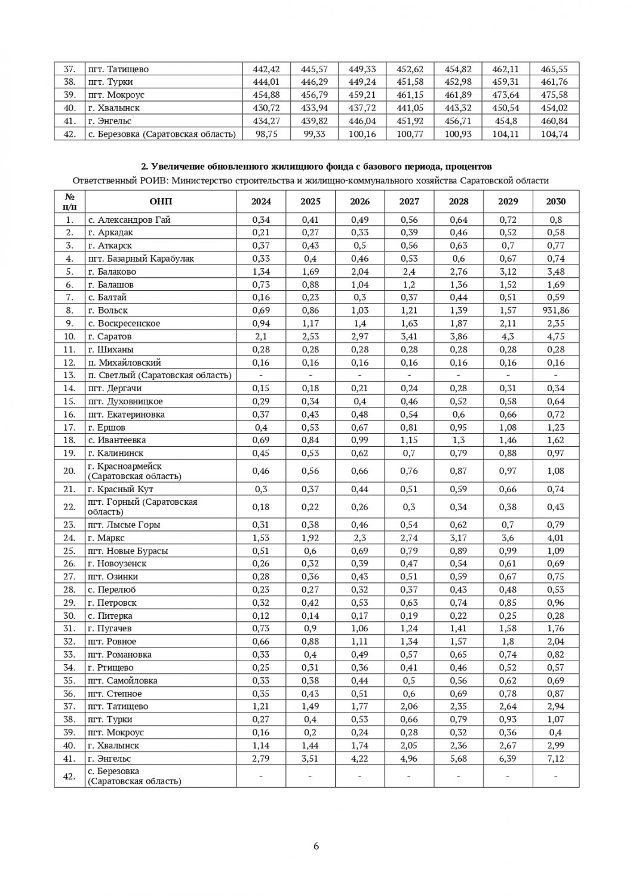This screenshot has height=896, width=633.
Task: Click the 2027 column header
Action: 409,201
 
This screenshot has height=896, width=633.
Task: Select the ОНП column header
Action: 161,201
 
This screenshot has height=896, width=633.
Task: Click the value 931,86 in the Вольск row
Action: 555,311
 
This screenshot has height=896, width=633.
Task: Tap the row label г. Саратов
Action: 110,336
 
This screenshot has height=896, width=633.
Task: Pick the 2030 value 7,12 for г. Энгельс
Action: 555,759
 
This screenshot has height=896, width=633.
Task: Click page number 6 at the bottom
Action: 316,846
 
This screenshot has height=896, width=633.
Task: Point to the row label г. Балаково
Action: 112,272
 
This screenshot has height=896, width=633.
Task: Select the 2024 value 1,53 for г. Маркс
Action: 261,538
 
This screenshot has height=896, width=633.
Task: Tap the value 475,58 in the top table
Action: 555,95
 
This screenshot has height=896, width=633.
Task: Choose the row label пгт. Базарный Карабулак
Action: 141,259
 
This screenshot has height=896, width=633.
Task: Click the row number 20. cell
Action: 70,471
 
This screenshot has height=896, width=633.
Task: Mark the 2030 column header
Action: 555,201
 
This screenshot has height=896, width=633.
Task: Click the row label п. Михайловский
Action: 125,363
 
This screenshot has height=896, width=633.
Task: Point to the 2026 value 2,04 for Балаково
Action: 359,272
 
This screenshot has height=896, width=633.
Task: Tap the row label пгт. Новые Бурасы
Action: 128,551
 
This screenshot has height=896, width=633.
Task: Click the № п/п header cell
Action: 70,201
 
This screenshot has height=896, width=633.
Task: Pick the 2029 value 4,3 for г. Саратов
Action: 508,336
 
